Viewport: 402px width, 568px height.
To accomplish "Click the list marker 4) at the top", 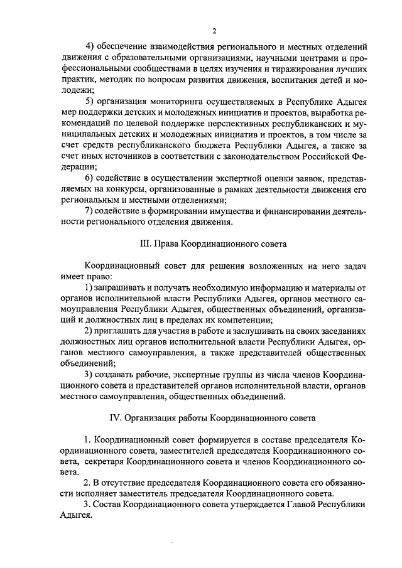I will [x=89, y=47].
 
